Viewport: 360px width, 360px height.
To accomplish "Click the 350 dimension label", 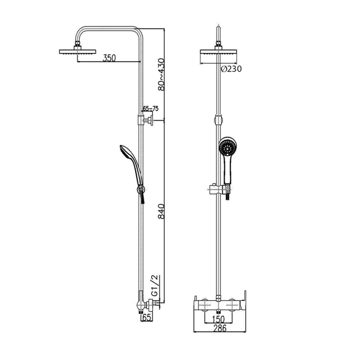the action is point(109,58).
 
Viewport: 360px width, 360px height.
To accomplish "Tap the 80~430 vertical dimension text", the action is point(161,75).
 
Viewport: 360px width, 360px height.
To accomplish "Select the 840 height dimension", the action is point(161,211).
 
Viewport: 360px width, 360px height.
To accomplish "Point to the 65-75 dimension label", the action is point(151,109).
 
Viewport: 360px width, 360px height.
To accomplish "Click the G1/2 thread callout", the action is point(155,285).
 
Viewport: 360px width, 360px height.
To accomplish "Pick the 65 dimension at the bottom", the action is point(147,317).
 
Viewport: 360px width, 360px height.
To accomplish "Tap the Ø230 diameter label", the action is point(231,68).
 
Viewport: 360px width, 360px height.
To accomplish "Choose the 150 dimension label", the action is point(218,319).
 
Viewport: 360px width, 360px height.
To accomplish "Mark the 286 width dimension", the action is point(220,328).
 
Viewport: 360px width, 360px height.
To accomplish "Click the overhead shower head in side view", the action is point(77,51).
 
